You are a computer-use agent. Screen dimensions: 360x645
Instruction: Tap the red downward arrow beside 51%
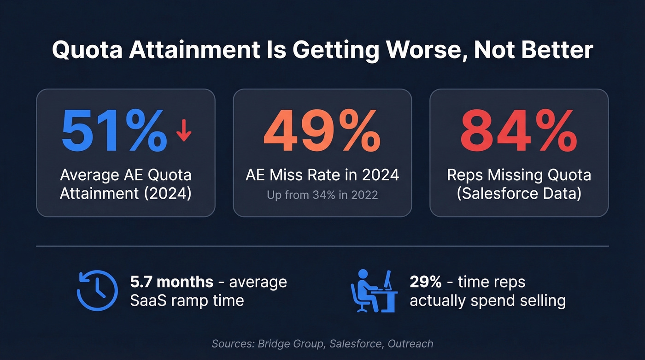(184, 130)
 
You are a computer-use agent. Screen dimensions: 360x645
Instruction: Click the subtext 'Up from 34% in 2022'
(322, 195)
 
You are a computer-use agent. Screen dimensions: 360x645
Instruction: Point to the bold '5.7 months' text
(172, 282)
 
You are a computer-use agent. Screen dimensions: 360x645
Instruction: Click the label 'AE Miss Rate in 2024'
(322, 175)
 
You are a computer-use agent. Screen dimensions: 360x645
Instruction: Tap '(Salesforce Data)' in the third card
(519, 193)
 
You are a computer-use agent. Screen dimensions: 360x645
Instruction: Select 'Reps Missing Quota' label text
(519, 175)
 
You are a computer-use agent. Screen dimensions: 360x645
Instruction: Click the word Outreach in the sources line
(410, 343)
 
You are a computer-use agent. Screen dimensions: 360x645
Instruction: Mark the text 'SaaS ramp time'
(187, 301)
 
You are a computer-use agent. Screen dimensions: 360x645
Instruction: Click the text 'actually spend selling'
(487, 301)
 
